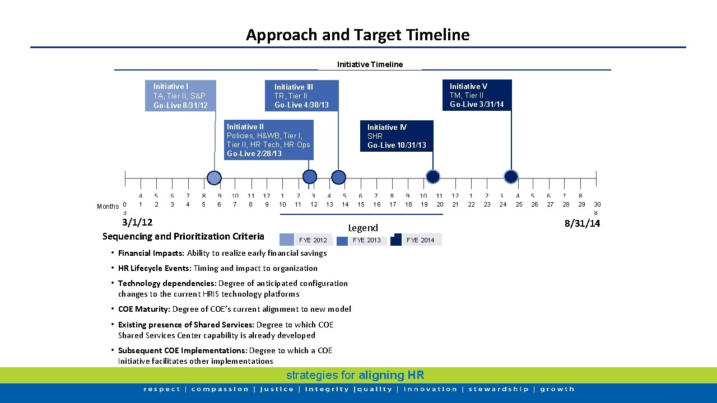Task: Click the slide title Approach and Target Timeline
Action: (357, 35)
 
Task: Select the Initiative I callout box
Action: (180, 96)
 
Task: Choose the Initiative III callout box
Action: (302, 96)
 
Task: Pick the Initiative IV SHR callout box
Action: (397, 136)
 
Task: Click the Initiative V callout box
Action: (477, 95)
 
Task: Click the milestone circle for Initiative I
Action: (214, 178)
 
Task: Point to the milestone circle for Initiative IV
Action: (432, 177)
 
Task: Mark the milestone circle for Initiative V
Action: (511, 177)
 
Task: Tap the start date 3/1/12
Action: (137, 222)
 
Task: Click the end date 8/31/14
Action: (582, 223)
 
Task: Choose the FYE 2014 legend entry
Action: (416, 240)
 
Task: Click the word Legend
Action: (363, 228)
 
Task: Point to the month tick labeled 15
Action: (361, 205)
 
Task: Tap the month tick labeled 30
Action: (597, 205)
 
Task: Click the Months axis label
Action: (108, 207)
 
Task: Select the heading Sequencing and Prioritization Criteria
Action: (183, 236)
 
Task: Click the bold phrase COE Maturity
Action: (143, 309)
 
